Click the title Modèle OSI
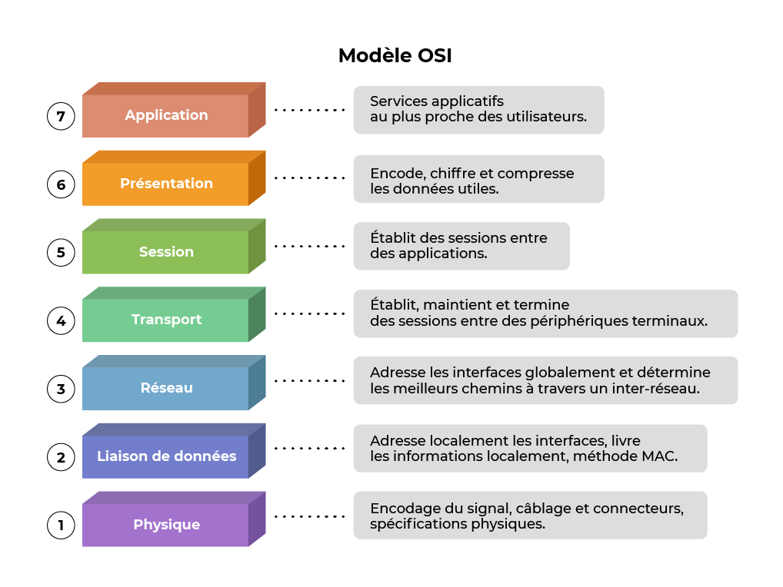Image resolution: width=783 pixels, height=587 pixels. (395, 56)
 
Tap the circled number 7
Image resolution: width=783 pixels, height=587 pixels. (61, 117)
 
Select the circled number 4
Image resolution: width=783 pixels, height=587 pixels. (61, 320)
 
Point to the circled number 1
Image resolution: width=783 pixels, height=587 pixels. (61, 526)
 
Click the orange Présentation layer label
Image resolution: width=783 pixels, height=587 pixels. (166, 184)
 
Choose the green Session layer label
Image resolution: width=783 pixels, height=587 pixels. (166, 252)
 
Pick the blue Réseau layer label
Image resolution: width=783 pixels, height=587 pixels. (166, 388)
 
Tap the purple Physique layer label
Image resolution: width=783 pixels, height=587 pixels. (166, 525)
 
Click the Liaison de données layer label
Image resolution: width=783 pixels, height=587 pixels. (166, 456)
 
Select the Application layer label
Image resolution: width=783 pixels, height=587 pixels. (166, 115)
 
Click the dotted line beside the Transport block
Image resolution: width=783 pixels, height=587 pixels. (309, 313)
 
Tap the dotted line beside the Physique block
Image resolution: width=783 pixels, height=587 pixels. (309, 517)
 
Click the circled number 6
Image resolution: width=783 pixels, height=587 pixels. (61, 185)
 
